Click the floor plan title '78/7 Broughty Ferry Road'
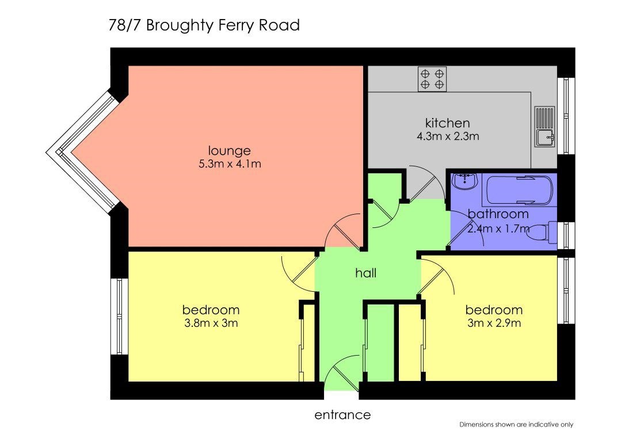click(x=204, y=25)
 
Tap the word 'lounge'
click(x=229, y=151)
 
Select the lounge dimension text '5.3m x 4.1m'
click(x=230, y=164)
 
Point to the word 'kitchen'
click(x=447, y=123)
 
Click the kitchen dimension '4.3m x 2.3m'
click(x=448, y=136)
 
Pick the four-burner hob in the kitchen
click(x=432, y=79)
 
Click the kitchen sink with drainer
click(x=544, y=127)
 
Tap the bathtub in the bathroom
click(x=518, y=190)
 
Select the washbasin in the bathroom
click(x=465, y=182)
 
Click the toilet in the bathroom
click(x=542, y=232)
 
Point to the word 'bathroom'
click(x=498, y=214)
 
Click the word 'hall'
click(x=365, y=273)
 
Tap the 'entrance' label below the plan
click(x=342, y=415)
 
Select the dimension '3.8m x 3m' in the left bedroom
click(x=211, y=323)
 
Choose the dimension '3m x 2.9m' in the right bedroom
click(x=494, y=323)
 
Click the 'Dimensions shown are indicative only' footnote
click(x=516, y=425)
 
